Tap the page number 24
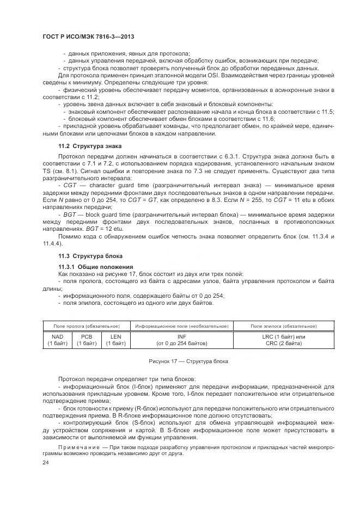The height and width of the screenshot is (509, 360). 46,462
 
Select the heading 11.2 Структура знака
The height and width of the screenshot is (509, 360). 90,146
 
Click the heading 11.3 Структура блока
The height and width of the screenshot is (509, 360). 90,256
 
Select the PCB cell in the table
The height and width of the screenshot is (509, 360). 86,340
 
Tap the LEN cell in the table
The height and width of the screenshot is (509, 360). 115,340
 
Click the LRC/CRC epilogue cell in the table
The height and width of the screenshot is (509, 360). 283,340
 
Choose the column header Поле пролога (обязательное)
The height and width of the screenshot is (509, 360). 86,326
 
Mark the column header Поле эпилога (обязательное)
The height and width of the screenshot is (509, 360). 283,326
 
